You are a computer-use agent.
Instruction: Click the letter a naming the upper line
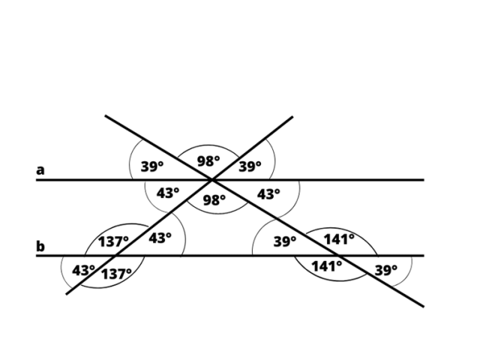pyautogui.click(x=40, y=170)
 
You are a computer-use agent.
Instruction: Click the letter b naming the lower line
pyautogui.click(x=40, y=246)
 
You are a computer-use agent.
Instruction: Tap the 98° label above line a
pyautogui.click(x=208, y=161)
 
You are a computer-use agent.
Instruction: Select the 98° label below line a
pyautogui.click(x=214, y=200)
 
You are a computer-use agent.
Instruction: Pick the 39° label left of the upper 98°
pyautogui.click(x=153, y=166)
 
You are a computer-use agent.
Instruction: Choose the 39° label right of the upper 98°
pyautogui.click(x=250, y=166)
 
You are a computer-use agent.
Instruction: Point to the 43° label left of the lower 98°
pyautogui.click(x=168, y=193)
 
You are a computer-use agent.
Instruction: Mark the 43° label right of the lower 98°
pyautogui.click(x=268, y=193)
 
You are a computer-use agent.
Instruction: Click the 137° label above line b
pyautogui.click(x=113, y=241)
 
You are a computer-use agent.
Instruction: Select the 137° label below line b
pyautogui.click(x=116, y=273)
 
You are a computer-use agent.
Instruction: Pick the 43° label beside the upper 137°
pyautogui.click(x=160, y=238)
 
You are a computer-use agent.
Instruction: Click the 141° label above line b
pyautogui.click(x=338, y=239)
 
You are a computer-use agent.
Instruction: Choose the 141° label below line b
pyautogui.click(x=327, y=266)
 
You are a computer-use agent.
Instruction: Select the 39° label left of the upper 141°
pyautogui.click(x=284, y=241)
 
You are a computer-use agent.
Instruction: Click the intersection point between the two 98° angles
pyautogui.click(x=212, y=180)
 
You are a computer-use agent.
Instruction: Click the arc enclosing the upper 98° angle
pyautogui.click(x=209, y=145)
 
